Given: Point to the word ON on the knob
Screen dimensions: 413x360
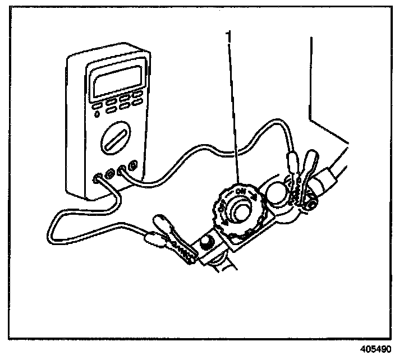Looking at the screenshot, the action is [242, 192].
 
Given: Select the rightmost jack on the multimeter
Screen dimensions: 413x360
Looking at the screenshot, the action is [132, 165].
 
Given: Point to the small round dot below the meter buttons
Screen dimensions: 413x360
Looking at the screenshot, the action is [98, 114].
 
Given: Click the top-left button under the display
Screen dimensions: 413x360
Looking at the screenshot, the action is [97, 104].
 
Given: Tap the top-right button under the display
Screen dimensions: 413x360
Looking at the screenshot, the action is [137, 93].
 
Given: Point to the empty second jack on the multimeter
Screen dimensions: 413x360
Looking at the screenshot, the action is [110, 174].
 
